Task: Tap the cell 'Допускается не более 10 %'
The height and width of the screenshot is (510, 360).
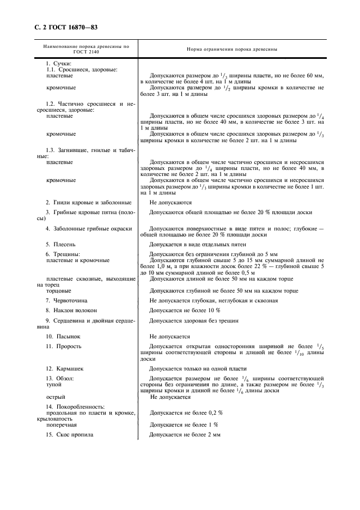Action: click(x=185, y=310)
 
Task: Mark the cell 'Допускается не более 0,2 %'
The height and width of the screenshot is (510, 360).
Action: click(x=186, y=412)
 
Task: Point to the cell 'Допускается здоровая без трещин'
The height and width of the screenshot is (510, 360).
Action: click(x=194, y=321)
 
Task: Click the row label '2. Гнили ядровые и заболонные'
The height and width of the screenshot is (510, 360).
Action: click(x=89, y=202)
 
